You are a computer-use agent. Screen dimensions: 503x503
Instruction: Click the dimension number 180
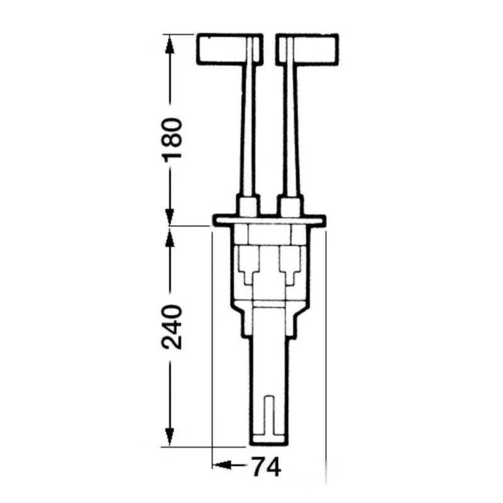click(172, 140)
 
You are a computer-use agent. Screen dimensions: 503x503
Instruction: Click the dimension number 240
click(172, 327)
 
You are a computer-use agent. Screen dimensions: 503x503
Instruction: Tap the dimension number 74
click(267, 467)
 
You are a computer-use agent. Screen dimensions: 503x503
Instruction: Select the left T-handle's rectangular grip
click(229, 50)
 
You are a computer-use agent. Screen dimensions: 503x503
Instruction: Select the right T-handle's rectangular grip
click(307, 50)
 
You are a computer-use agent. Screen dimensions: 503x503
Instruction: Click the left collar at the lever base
click(247, 205)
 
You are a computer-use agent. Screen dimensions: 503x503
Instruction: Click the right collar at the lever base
click(290, 205)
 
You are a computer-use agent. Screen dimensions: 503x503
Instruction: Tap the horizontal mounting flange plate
click(270, 221)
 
